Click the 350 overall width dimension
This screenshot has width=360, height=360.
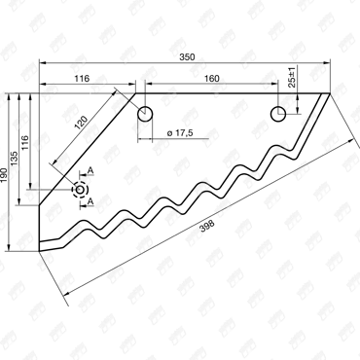point(188,57)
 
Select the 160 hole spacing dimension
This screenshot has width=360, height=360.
point(212,79)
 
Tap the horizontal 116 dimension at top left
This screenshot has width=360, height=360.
point(82,79)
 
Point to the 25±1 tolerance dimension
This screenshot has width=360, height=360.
point(292,78)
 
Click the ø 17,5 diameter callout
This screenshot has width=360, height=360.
point(180,132)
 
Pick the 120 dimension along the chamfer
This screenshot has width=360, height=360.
point(81,123)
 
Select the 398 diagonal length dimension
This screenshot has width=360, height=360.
point(207,226)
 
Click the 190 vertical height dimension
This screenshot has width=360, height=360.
point(4,174)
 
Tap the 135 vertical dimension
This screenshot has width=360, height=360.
point(15,159)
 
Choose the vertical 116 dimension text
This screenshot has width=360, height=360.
point(24,142)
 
